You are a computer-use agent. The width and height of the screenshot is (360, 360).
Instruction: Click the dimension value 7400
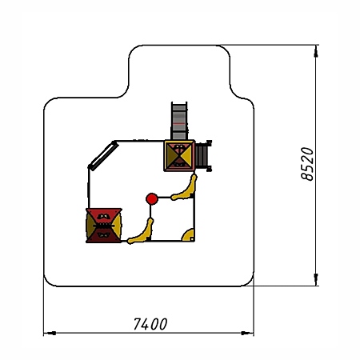tap(150, 324)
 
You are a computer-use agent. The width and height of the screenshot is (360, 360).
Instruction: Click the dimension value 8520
tap(307, 164)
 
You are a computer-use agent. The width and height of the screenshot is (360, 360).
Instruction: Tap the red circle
tap(152, 199)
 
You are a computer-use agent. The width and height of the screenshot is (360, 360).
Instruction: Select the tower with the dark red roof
tap(104, 226)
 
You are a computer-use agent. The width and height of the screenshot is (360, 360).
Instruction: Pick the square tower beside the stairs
tap(179, 156)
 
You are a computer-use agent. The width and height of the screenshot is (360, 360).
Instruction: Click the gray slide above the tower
tap(179, 121)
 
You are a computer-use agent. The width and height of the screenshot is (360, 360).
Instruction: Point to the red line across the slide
tap(179, 124)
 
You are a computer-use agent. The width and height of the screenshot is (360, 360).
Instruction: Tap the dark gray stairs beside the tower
tap(203, 155)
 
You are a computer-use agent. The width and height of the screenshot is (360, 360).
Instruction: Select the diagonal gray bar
tap(103, 156)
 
